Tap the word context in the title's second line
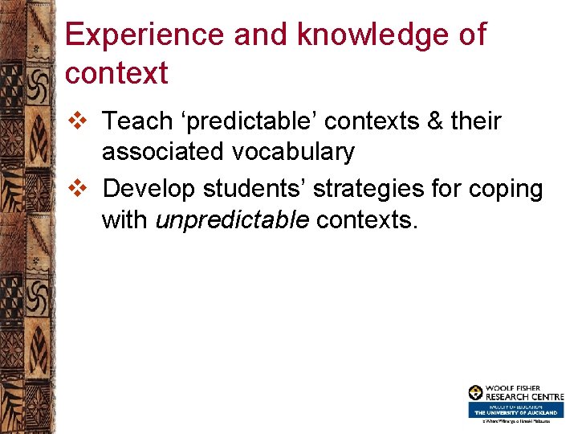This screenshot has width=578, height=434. point(116,73)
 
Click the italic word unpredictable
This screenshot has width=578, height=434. point(232,219)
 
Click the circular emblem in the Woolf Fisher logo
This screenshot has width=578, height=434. point(476,393)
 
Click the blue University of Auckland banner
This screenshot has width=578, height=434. point(516,410)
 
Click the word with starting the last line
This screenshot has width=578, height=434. point(125,219)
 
